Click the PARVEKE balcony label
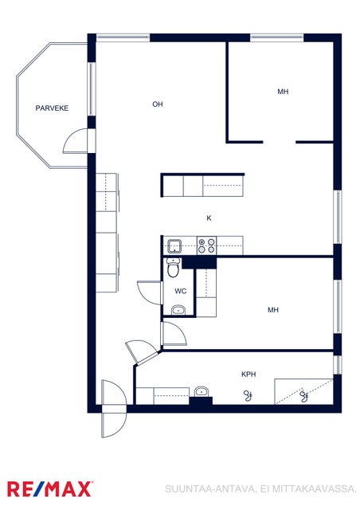point(52,108)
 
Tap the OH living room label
point(158,104)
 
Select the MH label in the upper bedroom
point(283,92)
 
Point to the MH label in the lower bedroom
point(273,310)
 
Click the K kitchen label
point(209,218)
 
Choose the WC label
point(181,291)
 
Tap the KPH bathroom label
point(248,374)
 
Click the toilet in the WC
point(173,268)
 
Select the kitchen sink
point(174,246)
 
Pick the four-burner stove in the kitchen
point(207,245)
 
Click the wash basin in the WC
point(178,310)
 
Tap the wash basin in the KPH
point(202,391)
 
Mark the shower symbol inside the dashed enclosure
point(304,395)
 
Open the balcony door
point(76,141)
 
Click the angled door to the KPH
point(142,351)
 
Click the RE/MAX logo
point(49,488)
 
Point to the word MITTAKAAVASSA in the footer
point(314,488)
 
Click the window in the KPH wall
point(338,364)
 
